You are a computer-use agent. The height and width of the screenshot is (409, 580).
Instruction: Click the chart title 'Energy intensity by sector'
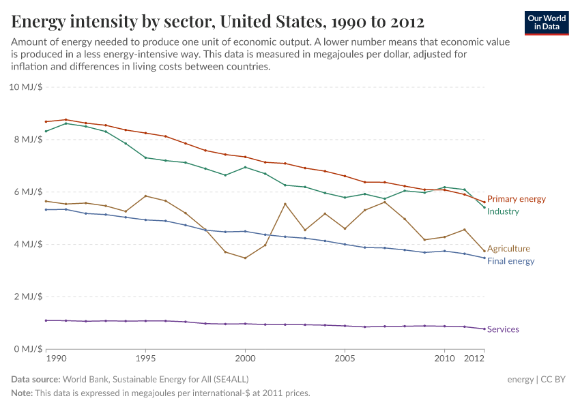tap(218, 21)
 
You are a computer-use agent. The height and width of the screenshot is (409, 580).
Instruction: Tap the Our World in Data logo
tap(547, 22)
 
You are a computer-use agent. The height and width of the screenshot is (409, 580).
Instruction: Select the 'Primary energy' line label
tap(517, 199)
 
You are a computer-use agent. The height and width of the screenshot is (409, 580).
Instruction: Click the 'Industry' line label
tap(503, 211)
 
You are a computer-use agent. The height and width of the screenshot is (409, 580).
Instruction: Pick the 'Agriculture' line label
tap(508, 249)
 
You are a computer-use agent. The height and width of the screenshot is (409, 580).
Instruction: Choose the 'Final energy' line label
tap(510, 261)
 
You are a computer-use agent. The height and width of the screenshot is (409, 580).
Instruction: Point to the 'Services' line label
tap(503, 329)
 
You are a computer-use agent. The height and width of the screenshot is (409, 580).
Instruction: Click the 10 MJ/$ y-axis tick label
tap(26, 87)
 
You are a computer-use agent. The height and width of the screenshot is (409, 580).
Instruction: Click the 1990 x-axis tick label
tap(56, 358)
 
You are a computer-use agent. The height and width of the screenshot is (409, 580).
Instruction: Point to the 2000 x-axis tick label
tap(245, 358)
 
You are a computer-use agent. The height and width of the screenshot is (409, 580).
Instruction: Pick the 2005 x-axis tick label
tap(345, 358)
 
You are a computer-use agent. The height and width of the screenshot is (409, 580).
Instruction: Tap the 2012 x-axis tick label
tap(474, 358)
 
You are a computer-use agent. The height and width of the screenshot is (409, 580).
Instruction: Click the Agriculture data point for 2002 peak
tap(285, 204)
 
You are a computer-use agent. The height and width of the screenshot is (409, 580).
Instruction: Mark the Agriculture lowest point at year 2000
tap(245, 258)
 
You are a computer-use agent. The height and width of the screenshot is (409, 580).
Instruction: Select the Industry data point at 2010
tap(445, 187)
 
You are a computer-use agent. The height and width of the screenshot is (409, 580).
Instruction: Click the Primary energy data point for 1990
tap(46, 122)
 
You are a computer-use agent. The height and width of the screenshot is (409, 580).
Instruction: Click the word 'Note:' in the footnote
tap(22, 393)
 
